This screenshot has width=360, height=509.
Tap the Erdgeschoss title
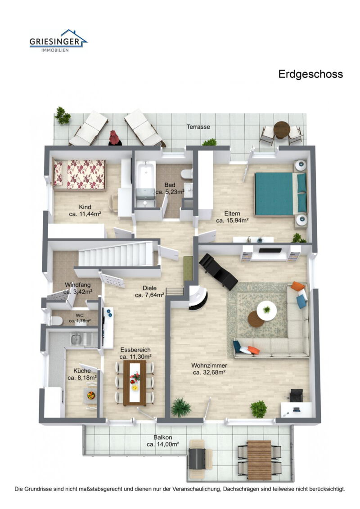tap(310, 74)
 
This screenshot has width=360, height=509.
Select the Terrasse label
tap(198, 127)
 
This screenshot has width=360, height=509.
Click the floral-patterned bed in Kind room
tap(79, 174)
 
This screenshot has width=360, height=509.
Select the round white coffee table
tap(266, 311)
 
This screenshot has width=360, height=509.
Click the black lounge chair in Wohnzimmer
tap(219, 271)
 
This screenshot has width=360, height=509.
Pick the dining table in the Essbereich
tap(135, 382)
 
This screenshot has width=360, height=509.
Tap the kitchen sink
tap(77, 339)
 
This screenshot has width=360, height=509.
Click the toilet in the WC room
tap(56, 320)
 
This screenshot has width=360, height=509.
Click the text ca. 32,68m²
tap(209, 372)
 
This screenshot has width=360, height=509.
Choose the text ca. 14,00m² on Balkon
tap(163, 444)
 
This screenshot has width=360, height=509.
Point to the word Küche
tap(82, 371)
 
